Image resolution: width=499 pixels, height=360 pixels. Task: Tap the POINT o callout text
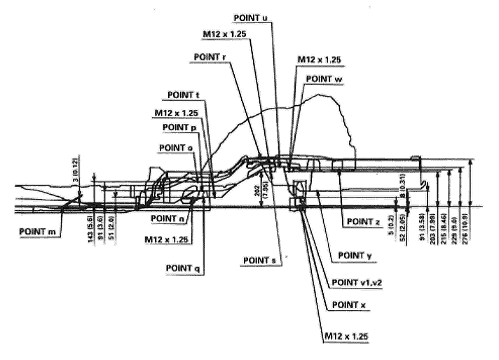coord(177,148)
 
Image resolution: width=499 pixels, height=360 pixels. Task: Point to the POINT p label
coord(180,127)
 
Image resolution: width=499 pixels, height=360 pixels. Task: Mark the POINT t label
coord(184,95)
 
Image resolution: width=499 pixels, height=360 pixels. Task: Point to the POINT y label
coord(355,255)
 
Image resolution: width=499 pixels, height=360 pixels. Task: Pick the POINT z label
coord(364,221)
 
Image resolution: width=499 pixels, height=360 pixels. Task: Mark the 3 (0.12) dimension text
coord(83,171)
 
